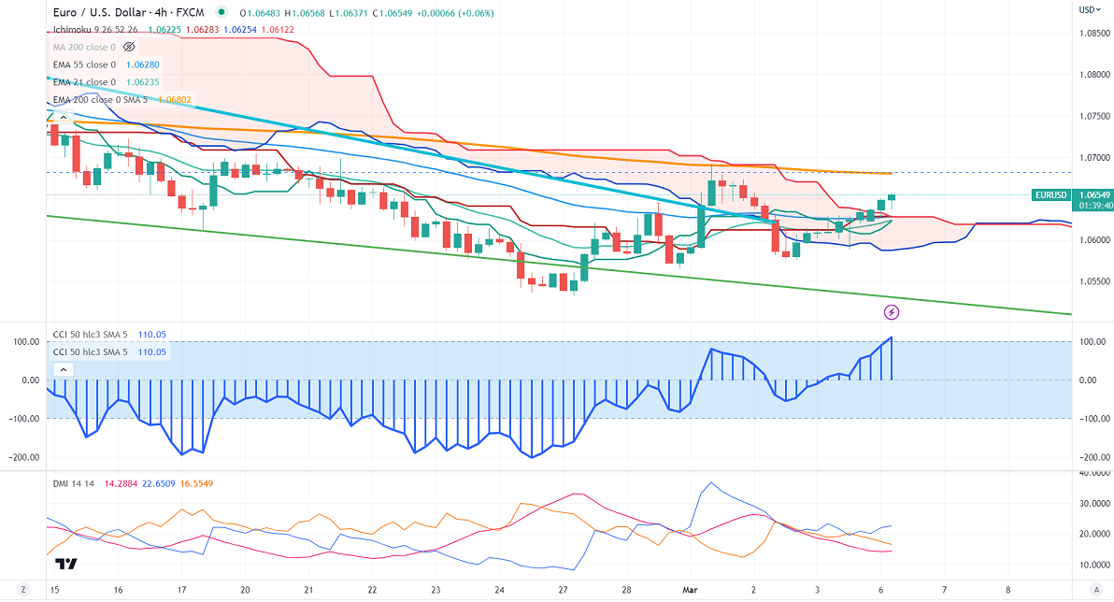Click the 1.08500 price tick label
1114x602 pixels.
[x=1093, y=34]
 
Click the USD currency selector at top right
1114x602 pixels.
[x=1089, y=9]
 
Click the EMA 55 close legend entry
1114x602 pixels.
[x=85, y=64]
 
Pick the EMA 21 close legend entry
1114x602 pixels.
[x=85, y=81]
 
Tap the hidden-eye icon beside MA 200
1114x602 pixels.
[x=129, y=46]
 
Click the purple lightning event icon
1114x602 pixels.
[x=892, y=310]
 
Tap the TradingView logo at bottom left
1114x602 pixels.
[x=65, y=564]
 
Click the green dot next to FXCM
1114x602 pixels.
[x=221, y=13]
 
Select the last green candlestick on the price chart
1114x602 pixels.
[x=892, y=197]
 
